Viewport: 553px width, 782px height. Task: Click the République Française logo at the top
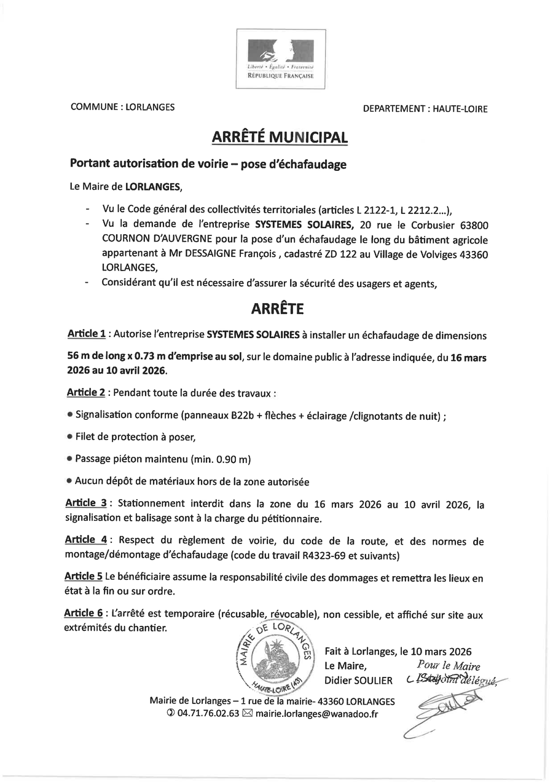click(x=280, y=59)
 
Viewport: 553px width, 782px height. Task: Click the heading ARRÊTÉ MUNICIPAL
click(x=280, y=138)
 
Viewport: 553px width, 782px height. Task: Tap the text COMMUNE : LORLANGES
click(x=122, y=107)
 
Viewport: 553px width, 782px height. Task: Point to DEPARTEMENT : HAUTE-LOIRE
click(x=425, y=109)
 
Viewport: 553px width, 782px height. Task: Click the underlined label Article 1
click(x=86, y=334)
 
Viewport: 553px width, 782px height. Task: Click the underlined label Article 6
click(x=83, y=614)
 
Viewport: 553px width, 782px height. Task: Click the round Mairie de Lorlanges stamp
click(x=276, y=657)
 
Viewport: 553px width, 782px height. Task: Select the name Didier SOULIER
click(x=358, y=680)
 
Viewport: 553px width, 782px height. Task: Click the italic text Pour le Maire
click(x=448, y=666)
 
